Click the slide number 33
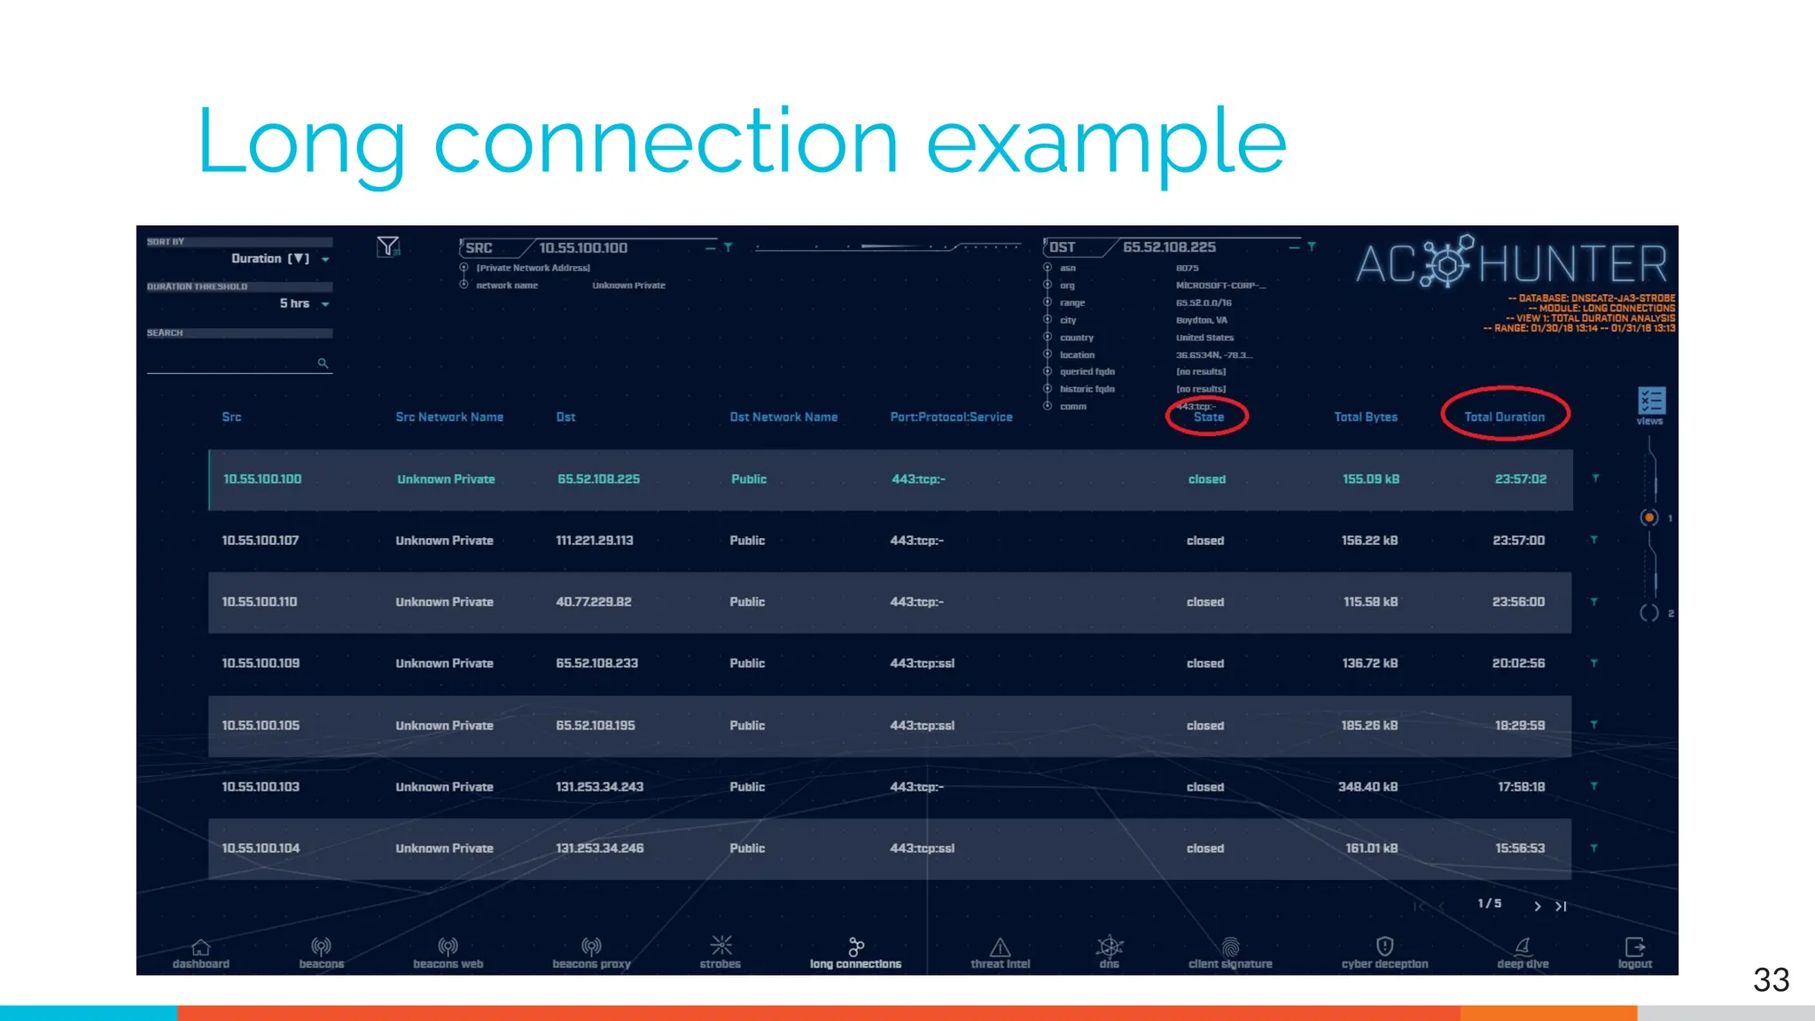point(1771,980)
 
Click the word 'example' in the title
point(1106,142)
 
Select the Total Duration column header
point(1504,417)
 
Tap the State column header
point(1208,417)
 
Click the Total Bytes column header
point(1366,417)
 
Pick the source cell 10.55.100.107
point(261,541)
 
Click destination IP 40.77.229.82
point(594,602)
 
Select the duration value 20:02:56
point(1518,663)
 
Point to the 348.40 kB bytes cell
point(1367,786)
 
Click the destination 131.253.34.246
point(600,848)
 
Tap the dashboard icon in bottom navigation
point(201,947)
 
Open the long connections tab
point(855,954)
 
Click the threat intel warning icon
point(1000,947)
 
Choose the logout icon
point(1635,947)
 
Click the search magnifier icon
point(323,363)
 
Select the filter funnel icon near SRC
point(388,246)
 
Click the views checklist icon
point(1651,401)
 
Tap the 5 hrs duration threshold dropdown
point(304,304)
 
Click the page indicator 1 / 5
point(1490,903)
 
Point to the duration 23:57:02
point(1521,479)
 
